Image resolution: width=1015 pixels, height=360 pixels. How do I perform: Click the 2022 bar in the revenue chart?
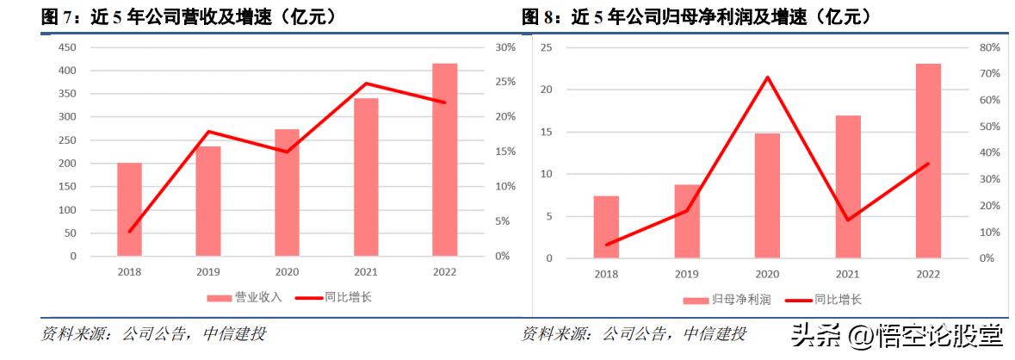point(444,159)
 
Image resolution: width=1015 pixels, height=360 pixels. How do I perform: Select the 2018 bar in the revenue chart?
point(129,209)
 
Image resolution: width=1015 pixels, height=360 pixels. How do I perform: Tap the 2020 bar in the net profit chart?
point(767,196)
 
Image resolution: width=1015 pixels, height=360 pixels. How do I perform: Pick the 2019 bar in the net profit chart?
point(686,221)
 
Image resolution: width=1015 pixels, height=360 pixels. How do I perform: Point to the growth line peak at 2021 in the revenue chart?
point(366,84)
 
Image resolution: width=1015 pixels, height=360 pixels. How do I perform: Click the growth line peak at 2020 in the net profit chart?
point(767,78)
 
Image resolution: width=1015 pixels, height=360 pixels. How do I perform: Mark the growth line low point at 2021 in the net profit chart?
point(847,220)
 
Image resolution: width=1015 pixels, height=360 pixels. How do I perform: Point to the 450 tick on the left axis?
point(67,47)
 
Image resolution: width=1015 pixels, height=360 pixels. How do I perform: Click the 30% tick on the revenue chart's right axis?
point(505,47)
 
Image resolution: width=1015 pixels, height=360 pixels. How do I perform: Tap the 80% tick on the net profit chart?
point(989,47)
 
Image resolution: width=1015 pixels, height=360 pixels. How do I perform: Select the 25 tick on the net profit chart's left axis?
point(546,47)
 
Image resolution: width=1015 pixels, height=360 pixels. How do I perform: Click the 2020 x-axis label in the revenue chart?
point(287,271)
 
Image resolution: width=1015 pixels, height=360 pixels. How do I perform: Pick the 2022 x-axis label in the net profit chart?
point(928,273)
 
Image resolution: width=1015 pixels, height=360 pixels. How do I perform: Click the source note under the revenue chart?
point(154,333)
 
